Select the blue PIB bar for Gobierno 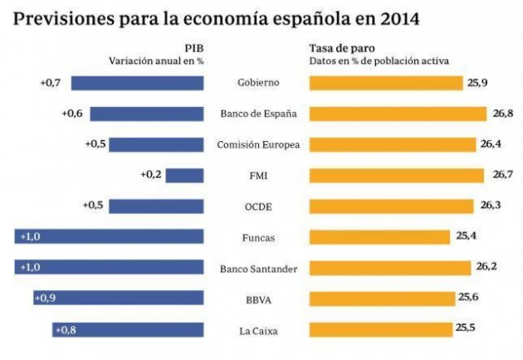pyautogui.click(x=137, y=82)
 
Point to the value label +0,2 pyautogui.click(x=151, y=175)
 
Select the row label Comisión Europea pyautogui.click(x=257, y=144)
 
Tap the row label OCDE pyautogui.click(x=257, y=207)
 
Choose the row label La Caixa pyautogui.click(x=257, y=331)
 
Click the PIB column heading pyautogui.click(x=195, y=47)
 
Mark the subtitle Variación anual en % pyautogui.click(x=156, y=61)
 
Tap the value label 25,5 pyautogui.click(x=467, y=330)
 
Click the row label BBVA pyautogui.click(x=257, y=300)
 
